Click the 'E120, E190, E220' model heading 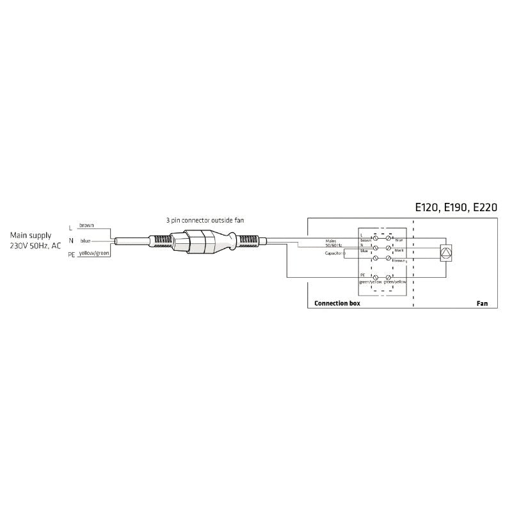point(456,207)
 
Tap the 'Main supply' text point(31,236)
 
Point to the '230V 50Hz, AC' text point(36,246)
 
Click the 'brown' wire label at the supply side point(86,226)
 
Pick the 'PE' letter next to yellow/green point(71,255)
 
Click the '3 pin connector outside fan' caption point(201,220)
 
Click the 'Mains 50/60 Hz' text point(333,243)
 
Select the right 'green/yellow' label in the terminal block point(396,282)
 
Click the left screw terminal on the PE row point(376,278)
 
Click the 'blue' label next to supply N point(85,240)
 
